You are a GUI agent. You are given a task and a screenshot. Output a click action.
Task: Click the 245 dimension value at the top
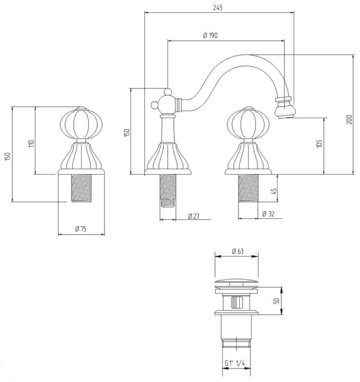coord(218,8)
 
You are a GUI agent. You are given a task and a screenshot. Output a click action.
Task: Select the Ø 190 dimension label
coord(210,35)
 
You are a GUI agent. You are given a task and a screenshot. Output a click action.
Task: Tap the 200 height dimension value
coord(349,119)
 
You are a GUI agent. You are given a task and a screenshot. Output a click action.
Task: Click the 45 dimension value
coord(274,191)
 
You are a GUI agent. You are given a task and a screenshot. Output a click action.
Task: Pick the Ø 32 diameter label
coord(268,214)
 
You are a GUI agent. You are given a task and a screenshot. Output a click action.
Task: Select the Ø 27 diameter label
coord(194,216)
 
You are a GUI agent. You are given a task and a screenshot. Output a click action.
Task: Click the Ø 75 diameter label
coord(81,229)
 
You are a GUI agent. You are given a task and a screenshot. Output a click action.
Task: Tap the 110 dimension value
coord(31,144)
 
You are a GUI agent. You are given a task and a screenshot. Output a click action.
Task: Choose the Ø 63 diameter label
coord(238,251)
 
